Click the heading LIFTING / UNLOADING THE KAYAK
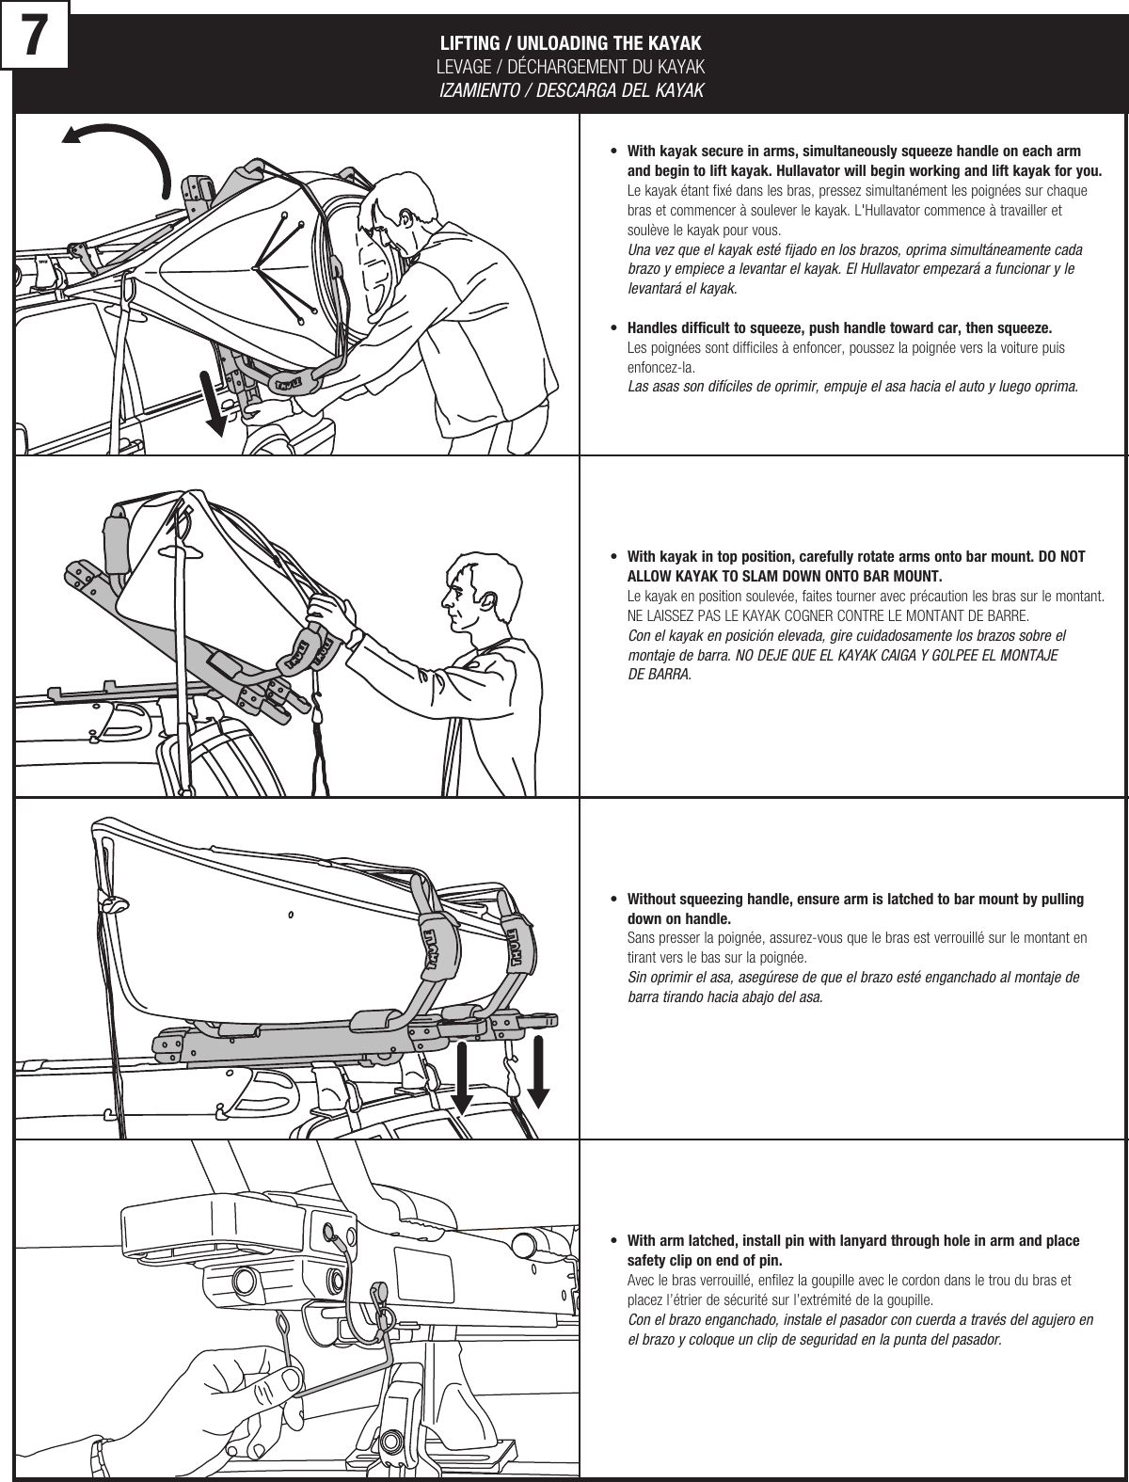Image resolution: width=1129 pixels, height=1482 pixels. click(x=571, y=44)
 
